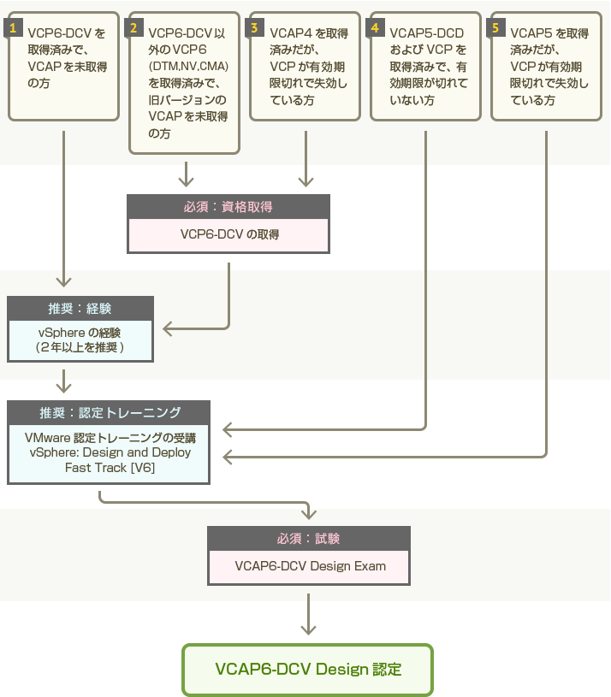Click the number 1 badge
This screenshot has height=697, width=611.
coord(13,28)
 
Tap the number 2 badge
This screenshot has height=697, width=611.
coord(133,28)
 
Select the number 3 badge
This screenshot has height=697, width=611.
coord(254,28)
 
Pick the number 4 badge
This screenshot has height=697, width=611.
coord(375,28)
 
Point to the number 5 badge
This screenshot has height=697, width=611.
coord(495,28)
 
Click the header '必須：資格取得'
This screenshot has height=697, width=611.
coord(228,207)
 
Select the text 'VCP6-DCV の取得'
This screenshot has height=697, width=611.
coord(229,234)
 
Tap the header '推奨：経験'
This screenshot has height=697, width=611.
coord(80,309)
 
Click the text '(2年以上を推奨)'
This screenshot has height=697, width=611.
coord(80,347)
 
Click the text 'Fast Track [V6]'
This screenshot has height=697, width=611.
coord(110,468)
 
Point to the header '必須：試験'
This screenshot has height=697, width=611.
coord(309,539)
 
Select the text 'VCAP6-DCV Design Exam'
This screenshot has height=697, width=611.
coord(311,566)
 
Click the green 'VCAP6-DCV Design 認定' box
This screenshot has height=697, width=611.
coord(308,670)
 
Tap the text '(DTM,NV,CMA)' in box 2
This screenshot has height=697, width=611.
coord(188,66)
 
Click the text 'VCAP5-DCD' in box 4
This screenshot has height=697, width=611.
coord(426,33)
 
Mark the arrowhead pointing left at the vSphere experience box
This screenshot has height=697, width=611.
coord(167,329)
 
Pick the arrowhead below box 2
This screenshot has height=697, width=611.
coord(186,182)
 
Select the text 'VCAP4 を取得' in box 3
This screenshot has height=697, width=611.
coord(309,33)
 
